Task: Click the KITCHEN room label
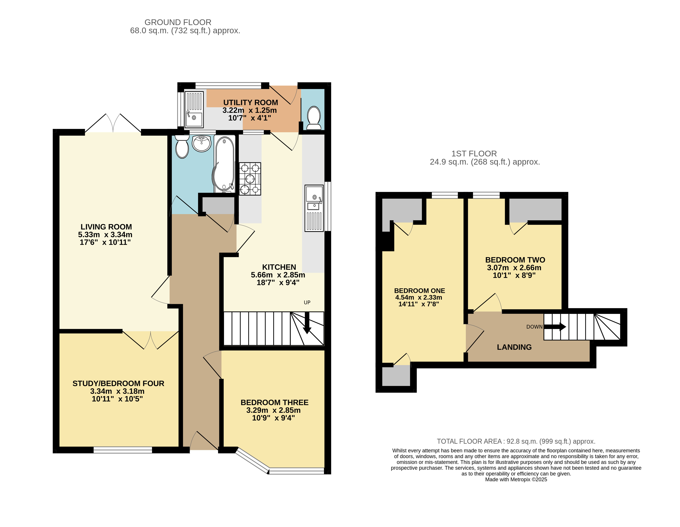click(x=279, y=267)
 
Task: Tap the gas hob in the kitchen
click(x=250, y=179)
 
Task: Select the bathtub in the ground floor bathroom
click(x=224, y=164)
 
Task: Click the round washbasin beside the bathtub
click(x=202, y=143)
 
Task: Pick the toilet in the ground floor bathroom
click(x=182, y=146)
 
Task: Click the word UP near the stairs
click(x=307, y=302)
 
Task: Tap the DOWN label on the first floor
click(x=534, y=327)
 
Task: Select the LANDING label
click(x=514, y=347)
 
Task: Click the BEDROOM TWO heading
click(x=515, y=260)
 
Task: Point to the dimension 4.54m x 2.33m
click(x=419, y=297)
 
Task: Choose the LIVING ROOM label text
click(x=106, y=227)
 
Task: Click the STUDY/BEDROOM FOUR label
click(x=118, y=384)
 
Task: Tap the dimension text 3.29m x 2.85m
click(x=273, y=410)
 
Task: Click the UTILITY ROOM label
click(x=251, y=102)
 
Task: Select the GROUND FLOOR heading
click(x=178, y=22)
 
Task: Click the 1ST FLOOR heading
click(x=474, y=153)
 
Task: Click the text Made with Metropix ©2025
click(x=516, y=479)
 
